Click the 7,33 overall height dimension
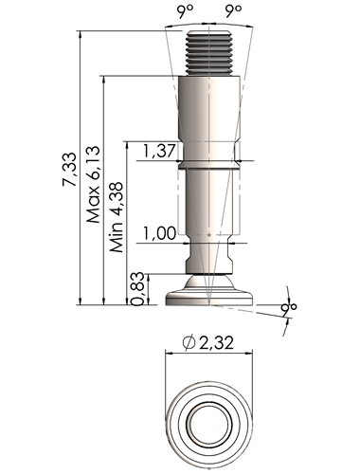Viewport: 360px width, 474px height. point(69,169)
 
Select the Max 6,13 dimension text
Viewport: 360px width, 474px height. point(94,184)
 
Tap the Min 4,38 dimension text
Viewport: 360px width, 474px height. point(117,217)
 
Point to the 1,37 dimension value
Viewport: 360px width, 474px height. point(158,151)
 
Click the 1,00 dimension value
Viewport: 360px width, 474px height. point(159,233)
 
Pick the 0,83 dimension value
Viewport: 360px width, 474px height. point(138,289)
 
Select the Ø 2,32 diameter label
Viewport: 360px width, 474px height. point(208,342)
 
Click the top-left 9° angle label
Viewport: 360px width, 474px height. point(185,11)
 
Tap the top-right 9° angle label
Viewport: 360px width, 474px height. point(233,11)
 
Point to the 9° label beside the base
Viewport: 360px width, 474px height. point(289,310)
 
